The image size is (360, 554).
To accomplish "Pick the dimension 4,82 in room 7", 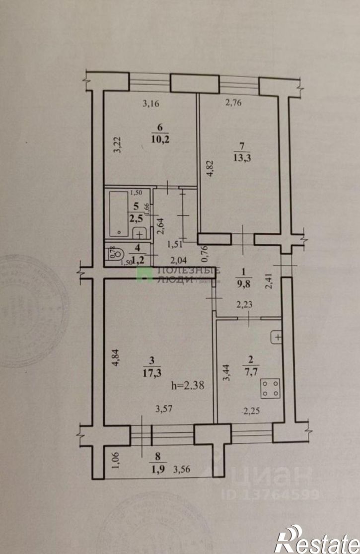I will tap(210, 174).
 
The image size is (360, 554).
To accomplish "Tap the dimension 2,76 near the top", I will tap(233, 103).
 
